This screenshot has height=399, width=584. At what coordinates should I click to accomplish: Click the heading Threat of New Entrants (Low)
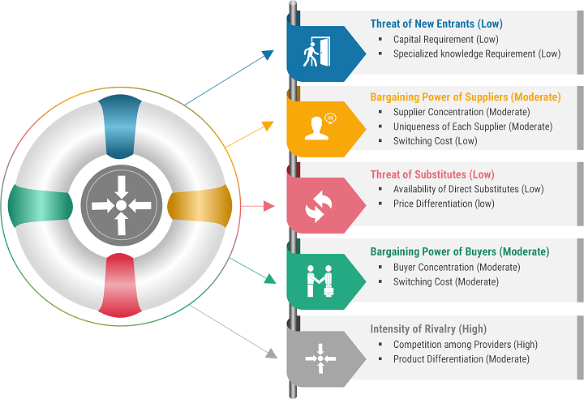[436, 24]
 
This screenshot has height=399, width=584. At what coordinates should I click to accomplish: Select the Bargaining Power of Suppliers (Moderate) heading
[466, 97]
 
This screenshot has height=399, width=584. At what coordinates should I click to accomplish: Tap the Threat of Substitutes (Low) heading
[432, 174]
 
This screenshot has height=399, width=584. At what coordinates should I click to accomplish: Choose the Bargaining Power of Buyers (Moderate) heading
[460, 252]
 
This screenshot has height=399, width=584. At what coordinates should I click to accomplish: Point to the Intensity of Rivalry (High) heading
[428, 329]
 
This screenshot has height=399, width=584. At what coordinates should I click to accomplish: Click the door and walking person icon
[316, 52]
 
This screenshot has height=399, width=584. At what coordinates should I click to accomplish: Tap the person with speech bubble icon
[320, 127]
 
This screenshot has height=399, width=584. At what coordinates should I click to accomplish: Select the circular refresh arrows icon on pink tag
[319, 206]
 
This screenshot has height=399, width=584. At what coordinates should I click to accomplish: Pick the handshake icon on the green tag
[320, 281]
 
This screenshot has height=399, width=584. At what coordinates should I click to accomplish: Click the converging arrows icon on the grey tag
[320, 358]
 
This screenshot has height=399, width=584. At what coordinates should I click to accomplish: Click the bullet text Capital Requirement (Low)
[446, 40]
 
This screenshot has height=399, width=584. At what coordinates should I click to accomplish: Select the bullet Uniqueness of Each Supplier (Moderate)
[473, 127]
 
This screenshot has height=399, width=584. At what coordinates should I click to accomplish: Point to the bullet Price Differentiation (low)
[444, 204]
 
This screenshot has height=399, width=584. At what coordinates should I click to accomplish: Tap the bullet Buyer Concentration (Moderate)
[457, 267]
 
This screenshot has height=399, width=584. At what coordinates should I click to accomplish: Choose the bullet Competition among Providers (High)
[466, 345]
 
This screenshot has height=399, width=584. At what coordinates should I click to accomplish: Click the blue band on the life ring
[120, 127]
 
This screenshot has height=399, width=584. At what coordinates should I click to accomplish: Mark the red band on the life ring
[120, 285]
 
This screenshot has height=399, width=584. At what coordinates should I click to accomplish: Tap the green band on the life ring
[41, 206]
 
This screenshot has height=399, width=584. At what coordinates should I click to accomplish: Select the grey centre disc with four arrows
[122, 205]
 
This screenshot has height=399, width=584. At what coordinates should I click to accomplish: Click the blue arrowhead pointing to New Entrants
[268, 54]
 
